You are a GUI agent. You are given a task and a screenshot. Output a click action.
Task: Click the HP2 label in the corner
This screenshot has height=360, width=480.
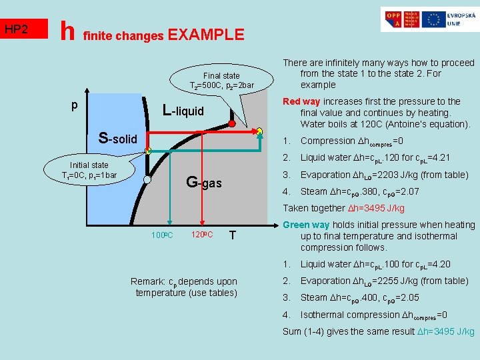[17, 30]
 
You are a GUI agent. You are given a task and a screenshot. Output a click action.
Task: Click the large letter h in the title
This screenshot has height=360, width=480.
[67, 30]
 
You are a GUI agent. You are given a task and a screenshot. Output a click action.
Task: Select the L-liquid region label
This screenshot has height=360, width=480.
[183, 111]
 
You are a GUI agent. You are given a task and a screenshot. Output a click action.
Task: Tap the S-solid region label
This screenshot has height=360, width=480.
[117, 139]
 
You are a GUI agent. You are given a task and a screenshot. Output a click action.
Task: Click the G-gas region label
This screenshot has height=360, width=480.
[203, 181]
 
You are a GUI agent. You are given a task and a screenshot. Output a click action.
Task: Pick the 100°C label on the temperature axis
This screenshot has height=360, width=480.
[162, 235]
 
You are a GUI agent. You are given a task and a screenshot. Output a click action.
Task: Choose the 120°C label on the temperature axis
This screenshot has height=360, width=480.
[201, 235]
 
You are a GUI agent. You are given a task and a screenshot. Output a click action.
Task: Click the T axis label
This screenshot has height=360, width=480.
[231, 235]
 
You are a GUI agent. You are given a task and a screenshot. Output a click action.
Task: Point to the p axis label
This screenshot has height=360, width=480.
[75, 105]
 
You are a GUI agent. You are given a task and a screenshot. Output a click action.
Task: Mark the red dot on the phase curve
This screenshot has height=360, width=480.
[231, 124]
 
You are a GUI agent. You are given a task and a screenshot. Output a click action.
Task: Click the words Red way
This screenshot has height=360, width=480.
[301, 101]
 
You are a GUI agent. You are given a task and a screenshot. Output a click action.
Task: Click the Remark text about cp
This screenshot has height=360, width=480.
[184, 287]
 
